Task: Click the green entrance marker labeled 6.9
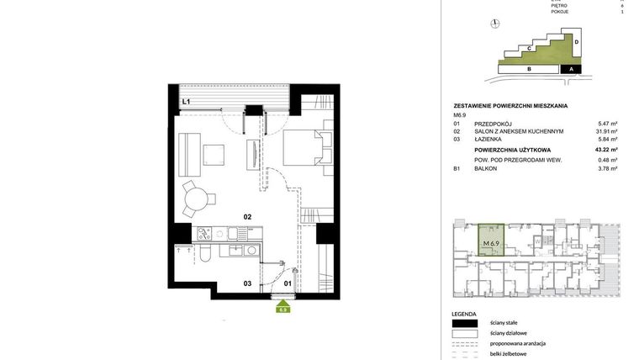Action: pyautogui.click(x=284, y=309)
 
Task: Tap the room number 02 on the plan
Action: pyautogui.click(x=248, y=217)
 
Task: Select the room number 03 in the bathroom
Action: pyautogui.click(x=248, y=283)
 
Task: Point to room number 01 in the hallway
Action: pyautogui.click(x=287, y=283)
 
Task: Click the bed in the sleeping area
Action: pyautogui.click(x=301, y=148)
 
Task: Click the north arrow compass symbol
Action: pyautogui.click(x=497, y=24)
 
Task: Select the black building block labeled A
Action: pyautogui.click(x=571, y=70)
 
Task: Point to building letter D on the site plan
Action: pyautogui.click(x=576, y=40)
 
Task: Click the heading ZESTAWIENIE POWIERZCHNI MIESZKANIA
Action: pyautogui.click(x=510, y=105)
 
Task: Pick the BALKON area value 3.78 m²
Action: pyautogui.click(x=607, y=168)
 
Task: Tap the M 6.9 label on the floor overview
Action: pyautogui.click(x=491, y=244)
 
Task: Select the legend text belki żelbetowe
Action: pyautogui.click(x=510, y=354)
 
